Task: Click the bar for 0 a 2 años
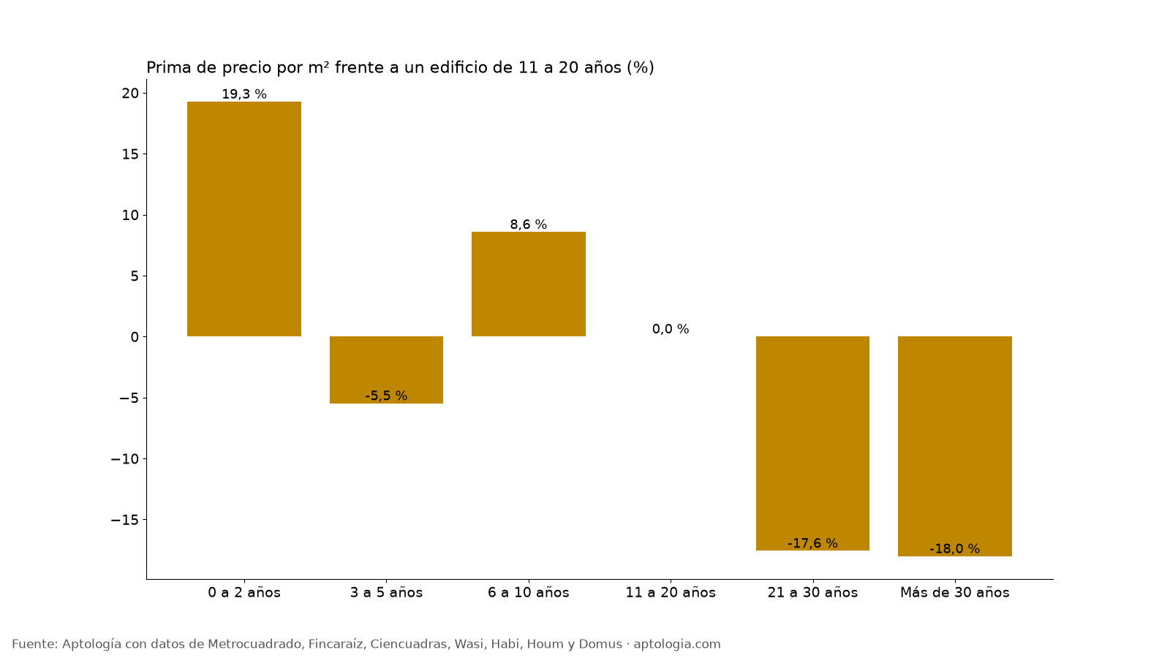(x=244, y=219)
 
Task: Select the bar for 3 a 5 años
(x=386, y=370)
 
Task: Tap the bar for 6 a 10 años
(x=529, y=284)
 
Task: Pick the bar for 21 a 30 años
(x=812, y=443)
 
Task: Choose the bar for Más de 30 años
(x=955, y=446)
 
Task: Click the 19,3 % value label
(x=244, y=94)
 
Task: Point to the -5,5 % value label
(x=386, y=396)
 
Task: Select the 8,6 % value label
(x=529, y=224)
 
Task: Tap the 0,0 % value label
(x=671, y=329)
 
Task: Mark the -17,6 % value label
(x=812, y=544)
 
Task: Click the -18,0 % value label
(x=955, y=549)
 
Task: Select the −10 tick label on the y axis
(x=125, y=459)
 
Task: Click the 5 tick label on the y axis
(x=135, y=276)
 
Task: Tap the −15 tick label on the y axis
(x=125, y=520)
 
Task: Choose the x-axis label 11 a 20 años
(x=671, y=593)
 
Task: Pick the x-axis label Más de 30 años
(x=955, y=593)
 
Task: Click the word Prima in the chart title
(x=165, y=67)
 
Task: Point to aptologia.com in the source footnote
(x=677, y=644)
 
